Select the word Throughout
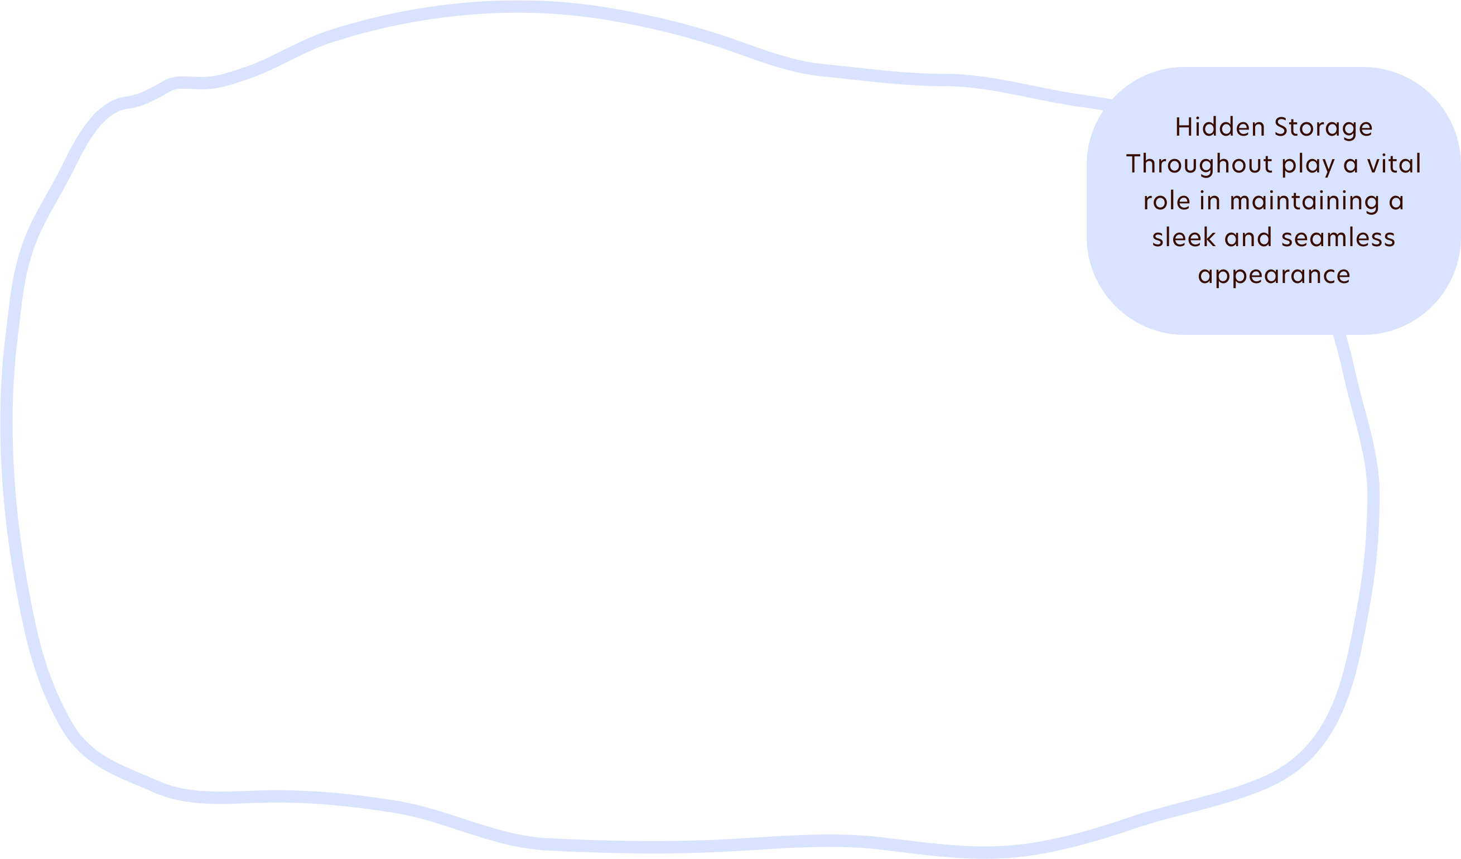tap(1199, 164)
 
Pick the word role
tap(1166, 201)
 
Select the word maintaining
tap(1301, 201)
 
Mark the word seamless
tap(1338, 237)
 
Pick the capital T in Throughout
tap(1134, 164)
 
